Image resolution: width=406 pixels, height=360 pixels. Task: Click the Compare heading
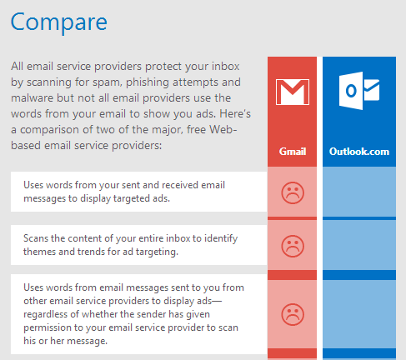pos(59,22)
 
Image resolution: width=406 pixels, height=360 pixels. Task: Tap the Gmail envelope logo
pos(293,92)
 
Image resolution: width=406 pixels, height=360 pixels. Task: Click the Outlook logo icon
pos(359,91)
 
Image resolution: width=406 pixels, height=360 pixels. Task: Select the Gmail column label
pos(293,152)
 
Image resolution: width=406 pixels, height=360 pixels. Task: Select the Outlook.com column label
pos(359,152)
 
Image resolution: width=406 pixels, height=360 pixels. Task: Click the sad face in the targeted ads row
pos(293,192)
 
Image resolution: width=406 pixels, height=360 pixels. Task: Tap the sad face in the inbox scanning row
pos(293,246)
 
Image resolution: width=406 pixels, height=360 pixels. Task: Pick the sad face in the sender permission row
pos(293,314)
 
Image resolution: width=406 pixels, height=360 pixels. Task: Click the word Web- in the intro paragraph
pos(223,129)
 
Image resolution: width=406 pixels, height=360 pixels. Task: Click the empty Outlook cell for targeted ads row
pos(359,192)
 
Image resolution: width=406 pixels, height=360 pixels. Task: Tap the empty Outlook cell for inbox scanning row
pos(359,245)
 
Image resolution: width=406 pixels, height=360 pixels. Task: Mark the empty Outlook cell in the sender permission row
pos(359,314)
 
